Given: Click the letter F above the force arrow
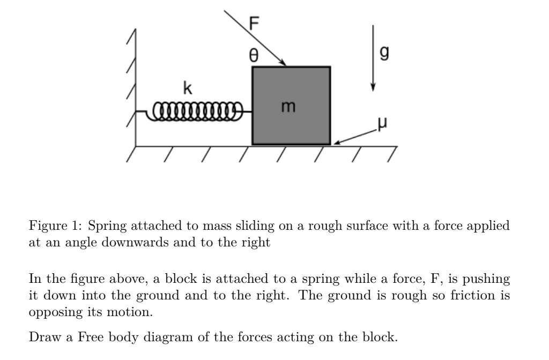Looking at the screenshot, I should tap(254, 24).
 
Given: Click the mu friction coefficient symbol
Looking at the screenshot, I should tap(382, 124).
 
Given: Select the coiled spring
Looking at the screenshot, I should tap(196, 112).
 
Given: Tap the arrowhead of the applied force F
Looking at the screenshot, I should tap(284, 63).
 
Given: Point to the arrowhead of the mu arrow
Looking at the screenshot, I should tap(336, 142).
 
